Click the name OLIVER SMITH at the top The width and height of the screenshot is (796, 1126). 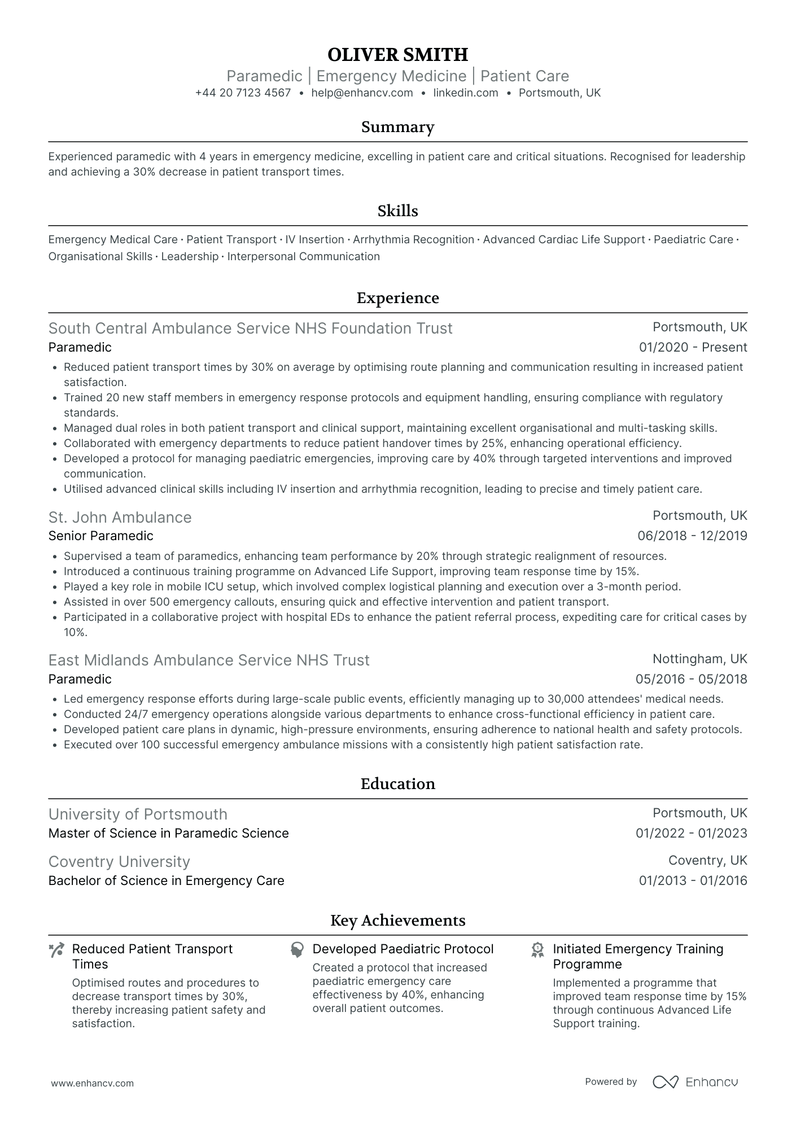pos(397,55)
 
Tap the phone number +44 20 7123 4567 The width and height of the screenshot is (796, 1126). pos(243,93)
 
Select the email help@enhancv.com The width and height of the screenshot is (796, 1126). pos(362,93)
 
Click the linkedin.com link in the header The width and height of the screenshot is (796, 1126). pos(466,93)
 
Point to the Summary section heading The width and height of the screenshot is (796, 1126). pos(397,127)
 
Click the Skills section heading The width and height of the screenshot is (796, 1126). pos(397,211)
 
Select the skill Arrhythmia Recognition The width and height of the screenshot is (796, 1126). pos(413,240)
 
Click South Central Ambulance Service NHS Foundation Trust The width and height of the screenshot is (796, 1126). pos(250,328)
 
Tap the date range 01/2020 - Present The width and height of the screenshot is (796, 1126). pos(693,348)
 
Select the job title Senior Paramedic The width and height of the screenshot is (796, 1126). pos(100,536)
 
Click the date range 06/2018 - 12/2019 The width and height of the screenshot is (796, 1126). pos(692,536)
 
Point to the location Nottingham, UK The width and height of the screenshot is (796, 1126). pos(699,659)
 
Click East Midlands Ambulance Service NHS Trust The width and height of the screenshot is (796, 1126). pos(209,660)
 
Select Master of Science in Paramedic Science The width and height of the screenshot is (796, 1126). pos(168,834)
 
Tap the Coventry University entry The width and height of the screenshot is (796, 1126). pos(119,862)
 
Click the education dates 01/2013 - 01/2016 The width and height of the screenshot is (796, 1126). pos(693,881)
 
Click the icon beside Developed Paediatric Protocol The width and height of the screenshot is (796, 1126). pos(297,950)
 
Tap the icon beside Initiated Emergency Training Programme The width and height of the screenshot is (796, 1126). pos(537,950)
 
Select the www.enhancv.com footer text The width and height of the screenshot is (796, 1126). pos(92,1083)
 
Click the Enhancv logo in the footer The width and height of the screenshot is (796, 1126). pos(695,1082)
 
